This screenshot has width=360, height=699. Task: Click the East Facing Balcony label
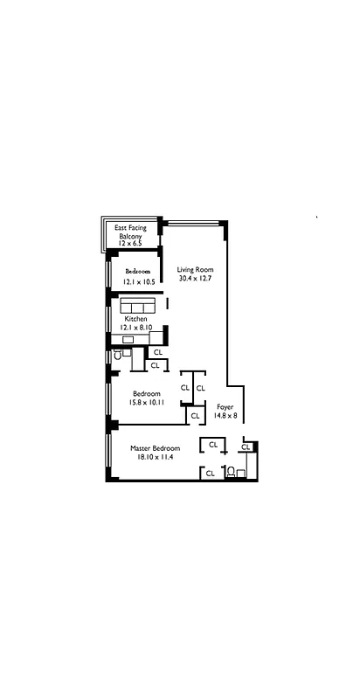click(136, 232)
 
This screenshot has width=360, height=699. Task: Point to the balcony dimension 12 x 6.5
click(136, 242)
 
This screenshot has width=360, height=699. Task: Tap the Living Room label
click(195, 270)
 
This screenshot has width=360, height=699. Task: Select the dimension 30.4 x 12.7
click(195, 279)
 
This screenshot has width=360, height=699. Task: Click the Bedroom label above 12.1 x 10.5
click(137, 271)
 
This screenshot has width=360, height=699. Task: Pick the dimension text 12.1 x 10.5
click(137, 281)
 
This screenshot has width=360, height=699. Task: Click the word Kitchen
click(135, 319)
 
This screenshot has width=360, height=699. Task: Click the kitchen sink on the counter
click(128, 340)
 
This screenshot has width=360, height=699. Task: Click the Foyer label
click(224, 407)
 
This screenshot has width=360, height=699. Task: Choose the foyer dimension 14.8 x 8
click(224, 417)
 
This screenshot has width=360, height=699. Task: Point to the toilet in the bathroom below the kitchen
click(116, 355)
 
